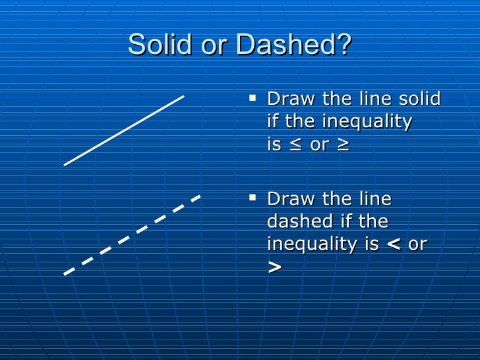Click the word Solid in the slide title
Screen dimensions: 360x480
[x=156, y=45]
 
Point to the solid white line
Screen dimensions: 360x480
[x=124, y=130]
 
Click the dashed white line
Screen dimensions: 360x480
[x=132, y=235]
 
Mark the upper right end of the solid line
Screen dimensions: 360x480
[x=183, y=97]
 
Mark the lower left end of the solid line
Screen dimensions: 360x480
[x=65, y=164]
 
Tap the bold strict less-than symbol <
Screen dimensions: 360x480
[x=393, y=245]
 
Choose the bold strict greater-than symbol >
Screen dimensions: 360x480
[x=274, y=267]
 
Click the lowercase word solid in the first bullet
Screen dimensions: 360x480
[x=419, y=100]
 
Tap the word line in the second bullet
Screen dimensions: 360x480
[x=373, y=199]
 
